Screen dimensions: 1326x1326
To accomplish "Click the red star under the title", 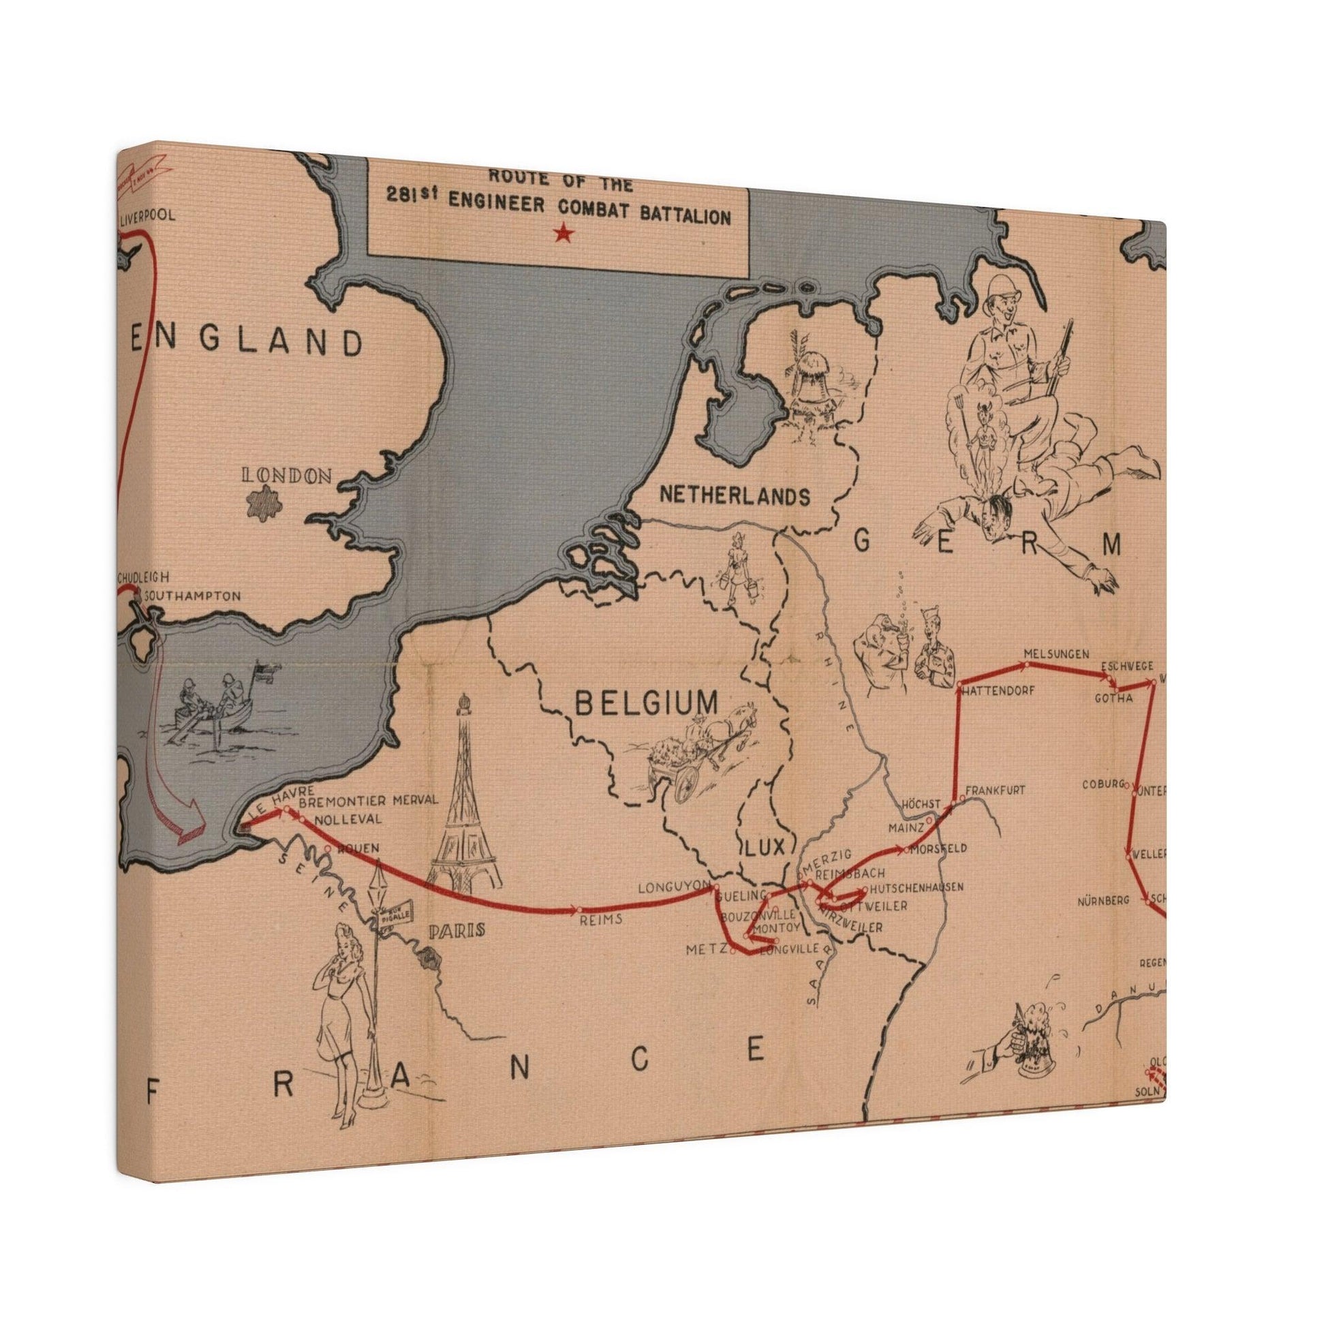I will click(564, 234).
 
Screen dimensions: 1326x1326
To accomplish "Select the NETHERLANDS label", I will click(735, 494).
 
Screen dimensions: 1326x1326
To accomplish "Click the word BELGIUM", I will click(647, 703).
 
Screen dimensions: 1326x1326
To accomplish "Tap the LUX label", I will click(765, 848).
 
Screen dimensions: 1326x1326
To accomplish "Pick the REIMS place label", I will click(600, 919).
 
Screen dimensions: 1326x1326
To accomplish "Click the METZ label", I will click(708, 950).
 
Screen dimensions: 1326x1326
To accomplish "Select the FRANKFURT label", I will click(996, 790).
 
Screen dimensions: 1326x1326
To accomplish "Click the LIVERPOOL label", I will click(148, 197).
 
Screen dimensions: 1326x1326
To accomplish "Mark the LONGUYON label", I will click(673, 888).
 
